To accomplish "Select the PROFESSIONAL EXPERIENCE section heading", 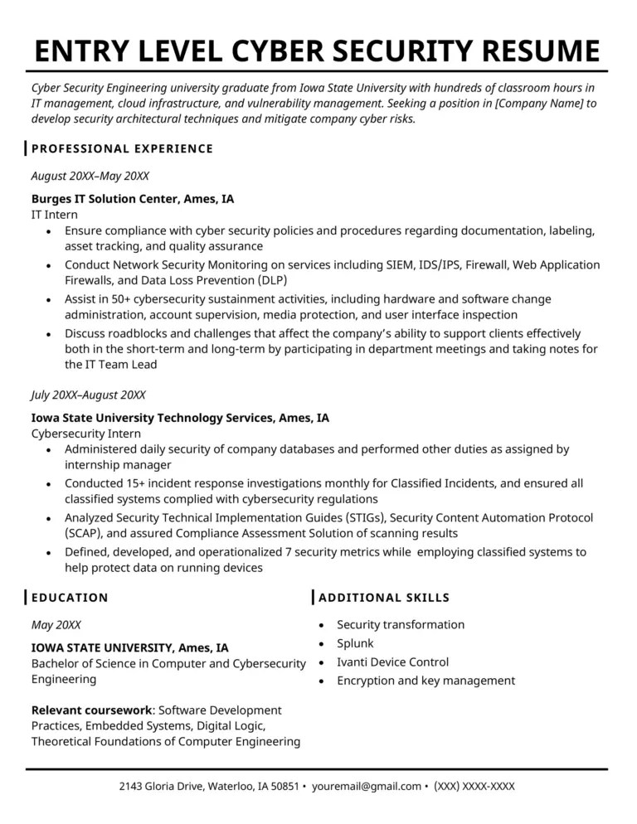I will click(122, 149).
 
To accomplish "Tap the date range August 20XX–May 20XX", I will click(90, 176).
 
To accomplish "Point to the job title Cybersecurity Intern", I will click(86, 434).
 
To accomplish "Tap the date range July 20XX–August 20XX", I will click(88, 395).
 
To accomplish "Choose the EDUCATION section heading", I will click(70, 598).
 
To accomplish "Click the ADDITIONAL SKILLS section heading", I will click(384, 598).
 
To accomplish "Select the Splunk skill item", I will click(355, 643).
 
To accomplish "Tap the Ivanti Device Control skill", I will click(392, 662).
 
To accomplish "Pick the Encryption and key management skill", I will click(425, 681).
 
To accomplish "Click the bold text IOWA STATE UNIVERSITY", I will click(102, 647).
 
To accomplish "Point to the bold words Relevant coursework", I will click(91, 710).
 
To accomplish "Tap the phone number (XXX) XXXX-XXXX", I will click(474, 786).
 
